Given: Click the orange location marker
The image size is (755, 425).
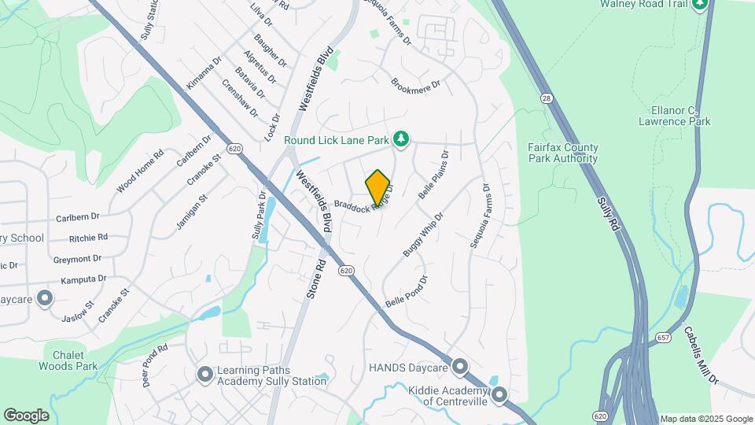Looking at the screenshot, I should point(378,187).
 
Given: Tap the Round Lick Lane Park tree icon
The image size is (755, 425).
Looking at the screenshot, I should point(401,139).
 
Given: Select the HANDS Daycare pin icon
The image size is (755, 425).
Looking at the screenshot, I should point(460,368).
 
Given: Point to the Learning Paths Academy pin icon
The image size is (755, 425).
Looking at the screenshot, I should point(205,375).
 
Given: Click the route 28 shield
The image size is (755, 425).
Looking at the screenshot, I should point(546,98).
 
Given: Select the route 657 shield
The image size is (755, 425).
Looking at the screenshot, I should point(663,338).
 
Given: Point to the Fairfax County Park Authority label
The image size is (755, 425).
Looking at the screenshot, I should point(563,153).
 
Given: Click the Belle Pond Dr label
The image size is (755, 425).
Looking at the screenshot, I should point(406,291).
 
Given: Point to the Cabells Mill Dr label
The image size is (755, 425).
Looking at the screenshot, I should point(701,355).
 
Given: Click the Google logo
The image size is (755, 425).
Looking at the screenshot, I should point(26,416).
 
